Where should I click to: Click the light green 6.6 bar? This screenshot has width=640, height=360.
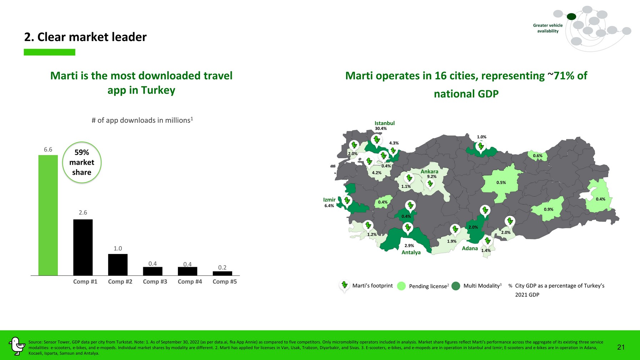(x=48, y=215)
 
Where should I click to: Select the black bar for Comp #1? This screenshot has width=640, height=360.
(x=83, y=247)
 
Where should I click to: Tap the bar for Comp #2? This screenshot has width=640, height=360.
(x=118, y=265)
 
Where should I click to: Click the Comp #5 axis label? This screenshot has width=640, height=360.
(x=225, y=281)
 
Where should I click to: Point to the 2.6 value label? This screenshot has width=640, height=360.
(x=83, y=212)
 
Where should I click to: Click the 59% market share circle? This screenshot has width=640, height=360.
(x=82, y=162)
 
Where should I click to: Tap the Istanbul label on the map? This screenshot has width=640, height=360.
(x=385, y=123)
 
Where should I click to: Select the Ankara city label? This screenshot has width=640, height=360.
(x=429, y=171)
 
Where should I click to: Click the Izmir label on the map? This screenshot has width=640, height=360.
(x=329, y=200)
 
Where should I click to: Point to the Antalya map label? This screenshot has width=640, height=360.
(x=411, y=252)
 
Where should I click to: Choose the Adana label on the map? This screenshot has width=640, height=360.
(x=470, y=248)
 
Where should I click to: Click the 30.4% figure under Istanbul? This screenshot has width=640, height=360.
(x=381, y=129)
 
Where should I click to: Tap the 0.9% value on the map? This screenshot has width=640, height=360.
(x=549, y=209)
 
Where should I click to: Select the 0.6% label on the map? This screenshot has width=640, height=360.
(x=537, y=156)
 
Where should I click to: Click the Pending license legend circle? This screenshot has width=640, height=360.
(x=401, y=286)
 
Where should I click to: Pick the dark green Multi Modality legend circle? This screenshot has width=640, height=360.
(x=456, y=286)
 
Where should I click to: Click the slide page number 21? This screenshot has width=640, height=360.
(x=621, y=347)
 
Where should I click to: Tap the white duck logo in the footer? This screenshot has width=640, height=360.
(x=16, y=346)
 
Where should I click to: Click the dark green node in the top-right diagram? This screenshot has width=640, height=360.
(x=571, y=16)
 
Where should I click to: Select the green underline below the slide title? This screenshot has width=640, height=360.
(x=50, y=52)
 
